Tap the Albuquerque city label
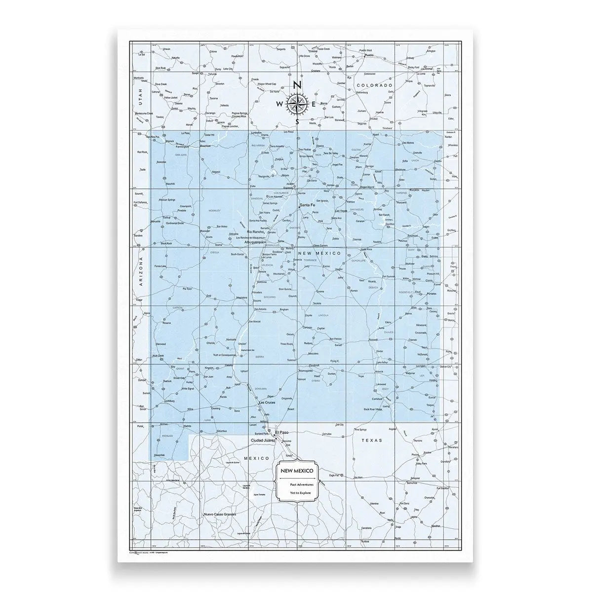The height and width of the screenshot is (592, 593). (255, 243)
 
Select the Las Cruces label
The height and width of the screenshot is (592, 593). (267, 403)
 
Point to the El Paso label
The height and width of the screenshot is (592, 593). (283, 432)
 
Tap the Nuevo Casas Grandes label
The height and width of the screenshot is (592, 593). (221, 515)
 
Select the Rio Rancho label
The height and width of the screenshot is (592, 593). (256, 232)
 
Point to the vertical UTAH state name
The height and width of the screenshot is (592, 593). (140, 93)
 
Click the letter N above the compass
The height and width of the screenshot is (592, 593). (297, 85)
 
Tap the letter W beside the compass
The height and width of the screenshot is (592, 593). (280, 104)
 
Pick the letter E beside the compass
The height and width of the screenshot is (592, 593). (314, 104)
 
